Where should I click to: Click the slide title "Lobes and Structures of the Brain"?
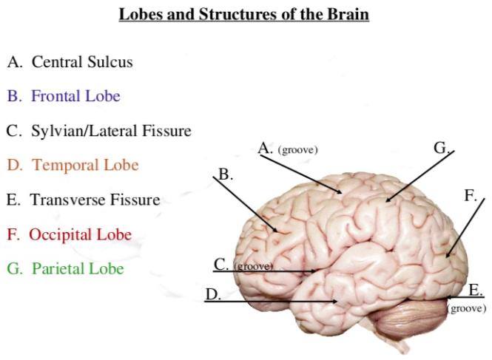tap(244, 14)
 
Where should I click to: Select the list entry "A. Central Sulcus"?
tap(70, 61)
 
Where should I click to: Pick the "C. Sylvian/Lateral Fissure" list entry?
tap(99, 131)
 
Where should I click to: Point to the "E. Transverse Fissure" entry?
tap(83, 200)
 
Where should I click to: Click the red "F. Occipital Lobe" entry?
tap(70, 235)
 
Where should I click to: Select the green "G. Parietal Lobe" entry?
tap(65, 269)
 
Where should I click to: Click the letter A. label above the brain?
tap(266, 149)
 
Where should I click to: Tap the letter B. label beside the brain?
tap(226, 175)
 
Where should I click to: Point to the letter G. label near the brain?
tap(442, 148)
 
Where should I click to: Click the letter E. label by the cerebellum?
tap(476, 289)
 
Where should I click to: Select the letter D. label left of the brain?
tap(213, 294)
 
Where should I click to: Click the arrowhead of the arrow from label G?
tap(386, 200)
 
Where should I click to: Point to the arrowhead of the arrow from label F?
tap(447, 257)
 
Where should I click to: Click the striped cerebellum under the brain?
tap(403, 319)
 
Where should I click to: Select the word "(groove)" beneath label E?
tap(466, 308)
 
